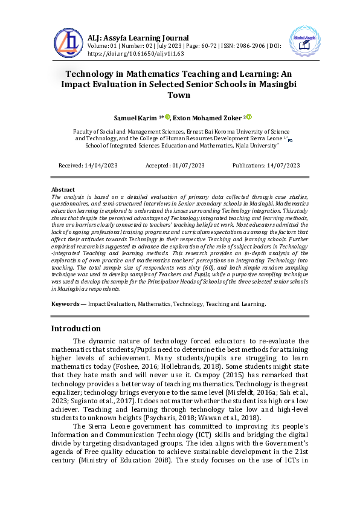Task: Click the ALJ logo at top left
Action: click(68, 41)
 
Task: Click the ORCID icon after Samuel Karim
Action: click(167, 116)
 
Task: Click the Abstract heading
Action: click(63, 190)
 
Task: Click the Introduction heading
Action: click(76, 328)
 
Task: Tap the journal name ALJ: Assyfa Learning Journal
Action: click(138, 37)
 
